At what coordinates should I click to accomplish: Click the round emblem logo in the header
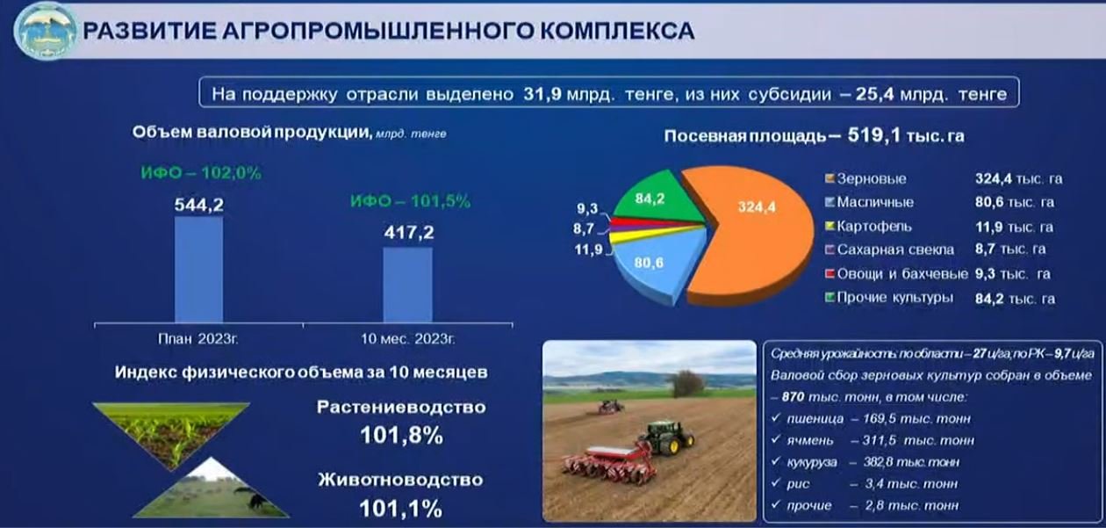pos(46,31)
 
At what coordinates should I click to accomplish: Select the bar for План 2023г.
pos(199,270)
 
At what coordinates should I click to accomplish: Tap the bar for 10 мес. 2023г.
pos(408,286)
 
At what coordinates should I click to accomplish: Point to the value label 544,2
pos(199,205)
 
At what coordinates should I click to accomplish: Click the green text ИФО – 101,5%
pos(410,201)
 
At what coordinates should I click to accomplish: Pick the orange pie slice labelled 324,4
pos(750,232)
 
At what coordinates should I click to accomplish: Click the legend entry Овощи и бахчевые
pos(897,274)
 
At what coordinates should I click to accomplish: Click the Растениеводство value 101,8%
pos(401,436)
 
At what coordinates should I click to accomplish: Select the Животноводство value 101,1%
pos(400,509)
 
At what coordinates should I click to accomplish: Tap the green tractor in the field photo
pos(666,437)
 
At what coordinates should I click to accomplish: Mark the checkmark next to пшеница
pos(776,418)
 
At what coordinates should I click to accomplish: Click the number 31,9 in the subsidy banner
pos(542,93)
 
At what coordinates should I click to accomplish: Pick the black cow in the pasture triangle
pos(255,499)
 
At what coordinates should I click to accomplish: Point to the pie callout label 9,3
pos(587,208)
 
